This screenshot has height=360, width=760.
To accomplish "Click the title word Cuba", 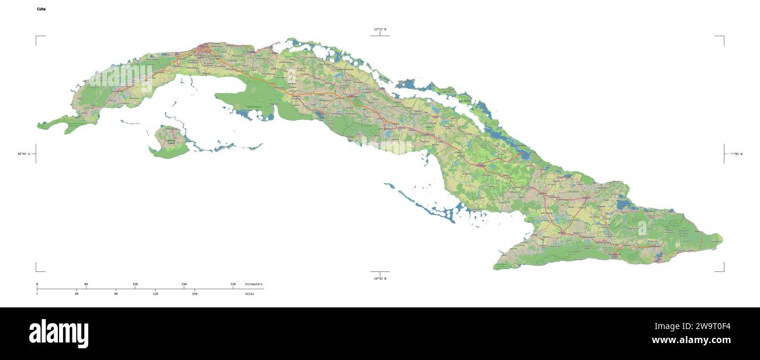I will [41, 9].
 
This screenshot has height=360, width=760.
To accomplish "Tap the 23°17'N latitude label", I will [380, 29].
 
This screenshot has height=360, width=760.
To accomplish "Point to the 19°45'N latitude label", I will [380, 279].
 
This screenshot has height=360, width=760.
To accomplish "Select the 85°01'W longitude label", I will [23, 154].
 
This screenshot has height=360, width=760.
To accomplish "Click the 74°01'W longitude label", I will [735, 154].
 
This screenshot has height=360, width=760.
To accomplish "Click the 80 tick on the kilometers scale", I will [86, 284].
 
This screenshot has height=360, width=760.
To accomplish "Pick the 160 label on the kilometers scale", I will [135, 284].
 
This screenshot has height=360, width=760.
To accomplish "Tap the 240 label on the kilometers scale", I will [184, 284].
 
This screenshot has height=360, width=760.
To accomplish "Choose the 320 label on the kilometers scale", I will [233, 284].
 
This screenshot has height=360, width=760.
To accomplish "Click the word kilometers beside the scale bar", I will [254, 284].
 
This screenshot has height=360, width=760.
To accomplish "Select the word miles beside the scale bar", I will [250, 293].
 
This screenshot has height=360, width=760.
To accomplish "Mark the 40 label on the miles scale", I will [77, 293].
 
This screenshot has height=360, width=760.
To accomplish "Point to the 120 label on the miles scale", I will [156, 293].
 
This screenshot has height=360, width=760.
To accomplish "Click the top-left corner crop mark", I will [36, 36].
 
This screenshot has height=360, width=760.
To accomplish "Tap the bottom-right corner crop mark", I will [723, 271].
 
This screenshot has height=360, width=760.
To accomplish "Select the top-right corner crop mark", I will [723, 36].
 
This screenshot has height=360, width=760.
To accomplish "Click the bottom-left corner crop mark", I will [36, 271].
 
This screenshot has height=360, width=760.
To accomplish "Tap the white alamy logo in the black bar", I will [58, 333].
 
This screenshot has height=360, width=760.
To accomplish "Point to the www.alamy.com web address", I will [691, 340].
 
